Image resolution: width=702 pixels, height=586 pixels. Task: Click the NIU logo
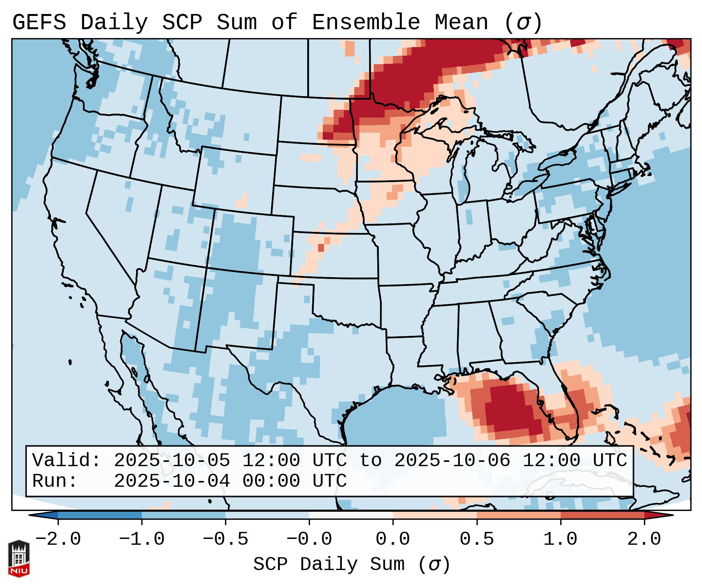point(19,558)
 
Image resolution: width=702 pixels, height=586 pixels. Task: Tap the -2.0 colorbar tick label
point(58,539)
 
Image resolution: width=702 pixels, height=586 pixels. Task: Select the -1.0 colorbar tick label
point(142,539)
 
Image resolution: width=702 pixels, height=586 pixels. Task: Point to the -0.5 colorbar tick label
point(225,539)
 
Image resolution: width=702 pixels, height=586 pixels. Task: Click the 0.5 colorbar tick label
point(477,539)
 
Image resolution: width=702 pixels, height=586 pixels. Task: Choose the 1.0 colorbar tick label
point(560,539)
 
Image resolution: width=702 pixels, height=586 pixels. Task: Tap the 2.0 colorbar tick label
point(644,539)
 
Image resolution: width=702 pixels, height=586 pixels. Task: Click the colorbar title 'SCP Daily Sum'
point(329,565)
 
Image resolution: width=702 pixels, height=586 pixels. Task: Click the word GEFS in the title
point(39,23)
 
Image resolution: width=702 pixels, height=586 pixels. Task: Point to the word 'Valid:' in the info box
point(67,460)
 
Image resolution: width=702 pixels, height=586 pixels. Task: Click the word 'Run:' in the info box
point(55,481)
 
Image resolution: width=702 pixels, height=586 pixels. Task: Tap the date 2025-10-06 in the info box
point(452,460)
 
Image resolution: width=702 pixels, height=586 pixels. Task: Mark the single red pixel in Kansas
point(321,248)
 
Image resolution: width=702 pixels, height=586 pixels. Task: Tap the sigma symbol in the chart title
point(523,23)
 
